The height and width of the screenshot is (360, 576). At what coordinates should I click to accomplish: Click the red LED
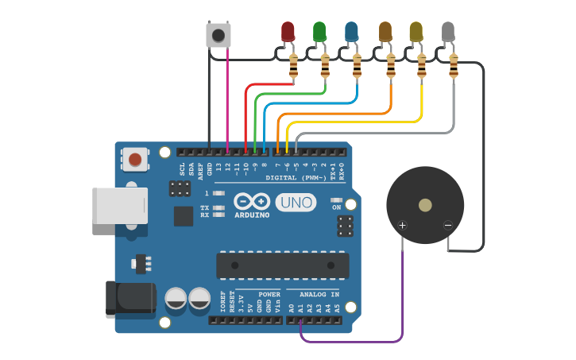(288, 31)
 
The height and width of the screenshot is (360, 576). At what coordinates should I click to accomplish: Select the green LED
(319, 31)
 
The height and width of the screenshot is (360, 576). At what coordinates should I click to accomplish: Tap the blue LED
(352, 31)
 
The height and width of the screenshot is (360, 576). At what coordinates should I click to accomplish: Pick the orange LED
(385, 31)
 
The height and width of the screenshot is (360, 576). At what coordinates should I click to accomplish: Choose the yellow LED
(416, 31)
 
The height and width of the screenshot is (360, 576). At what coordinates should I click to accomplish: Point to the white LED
(448, 31)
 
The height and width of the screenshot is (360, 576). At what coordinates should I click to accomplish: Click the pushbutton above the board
(218, 35)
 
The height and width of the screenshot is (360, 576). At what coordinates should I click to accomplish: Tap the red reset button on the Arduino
(135, 160)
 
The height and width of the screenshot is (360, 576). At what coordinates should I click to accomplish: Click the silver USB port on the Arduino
(119, 206)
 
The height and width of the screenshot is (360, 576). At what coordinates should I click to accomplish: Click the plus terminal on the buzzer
(402, 226)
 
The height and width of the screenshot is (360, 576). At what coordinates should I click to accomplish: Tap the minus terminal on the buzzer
(448, 226)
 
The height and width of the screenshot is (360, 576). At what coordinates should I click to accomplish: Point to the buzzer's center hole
(425, 205)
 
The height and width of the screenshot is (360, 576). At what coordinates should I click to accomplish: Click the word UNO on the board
(296, 203)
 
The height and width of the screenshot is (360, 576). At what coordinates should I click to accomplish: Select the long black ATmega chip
(282, 265)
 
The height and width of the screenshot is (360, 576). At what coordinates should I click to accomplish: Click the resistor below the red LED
(293, 68)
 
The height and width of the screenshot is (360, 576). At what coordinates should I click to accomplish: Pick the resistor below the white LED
(454, 68)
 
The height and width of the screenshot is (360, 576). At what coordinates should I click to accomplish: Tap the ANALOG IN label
(319, 294)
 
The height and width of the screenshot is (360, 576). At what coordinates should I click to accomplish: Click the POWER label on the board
(269, 294)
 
